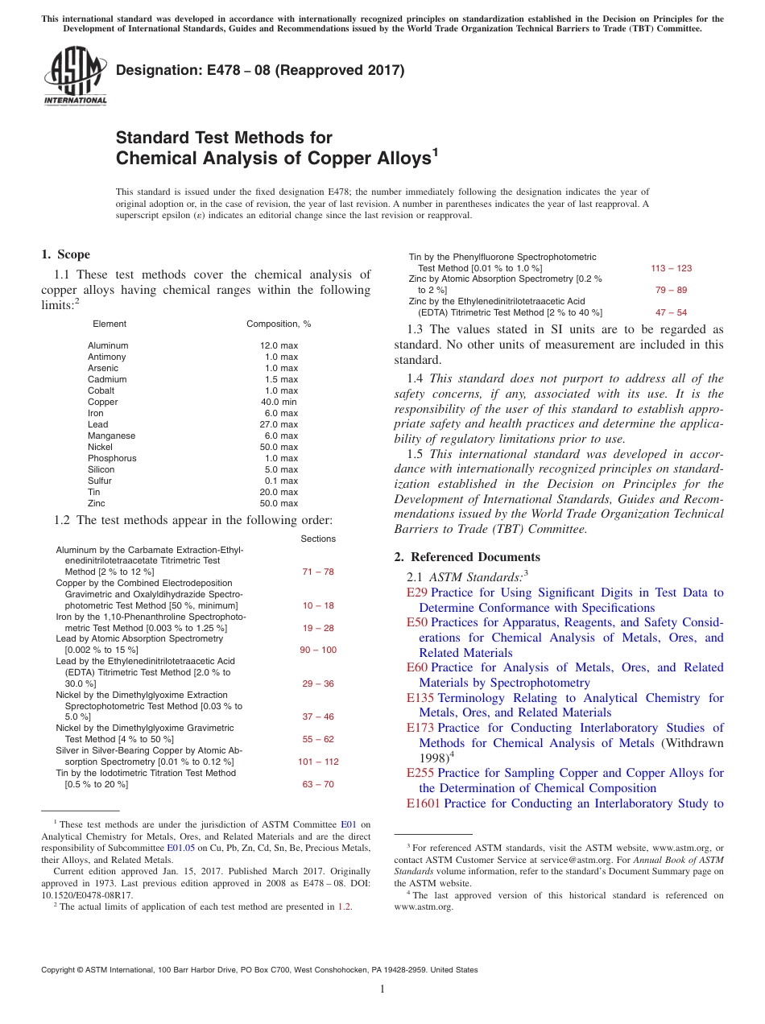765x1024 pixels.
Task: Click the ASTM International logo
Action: pyautogui.click(x=75, y=76)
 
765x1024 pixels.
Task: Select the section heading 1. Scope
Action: pyautogui.click(x=65, y=254)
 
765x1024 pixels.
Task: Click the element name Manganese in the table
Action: pyautogui.click(x=111, y=436)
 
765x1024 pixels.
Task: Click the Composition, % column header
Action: pyautogui.click(x=278, y=324)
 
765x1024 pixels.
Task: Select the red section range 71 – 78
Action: pyautogui.click(x=317, y=572)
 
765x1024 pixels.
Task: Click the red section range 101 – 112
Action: pyautogui.click(x=317, y=762)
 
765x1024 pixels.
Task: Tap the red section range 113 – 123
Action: pyautogui.click(x=671, y=268)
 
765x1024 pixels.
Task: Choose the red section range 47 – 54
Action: pyautogui.click(x=671, y=312)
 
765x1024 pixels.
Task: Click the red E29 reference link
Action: pyautogui.click(x=416, y=593)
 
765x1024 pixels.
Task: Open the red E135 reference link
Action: pyautogui.click(x=420, y=698)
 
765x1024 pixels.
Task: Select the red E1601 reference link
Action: pyautogui.click(x=424, y=803)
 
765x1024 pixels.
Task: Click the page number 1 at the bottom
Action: pyautogui.click(x=382, y=989)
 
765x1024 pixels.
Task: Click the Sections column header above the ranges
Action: pyautogui.click(x=317, y=539)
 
